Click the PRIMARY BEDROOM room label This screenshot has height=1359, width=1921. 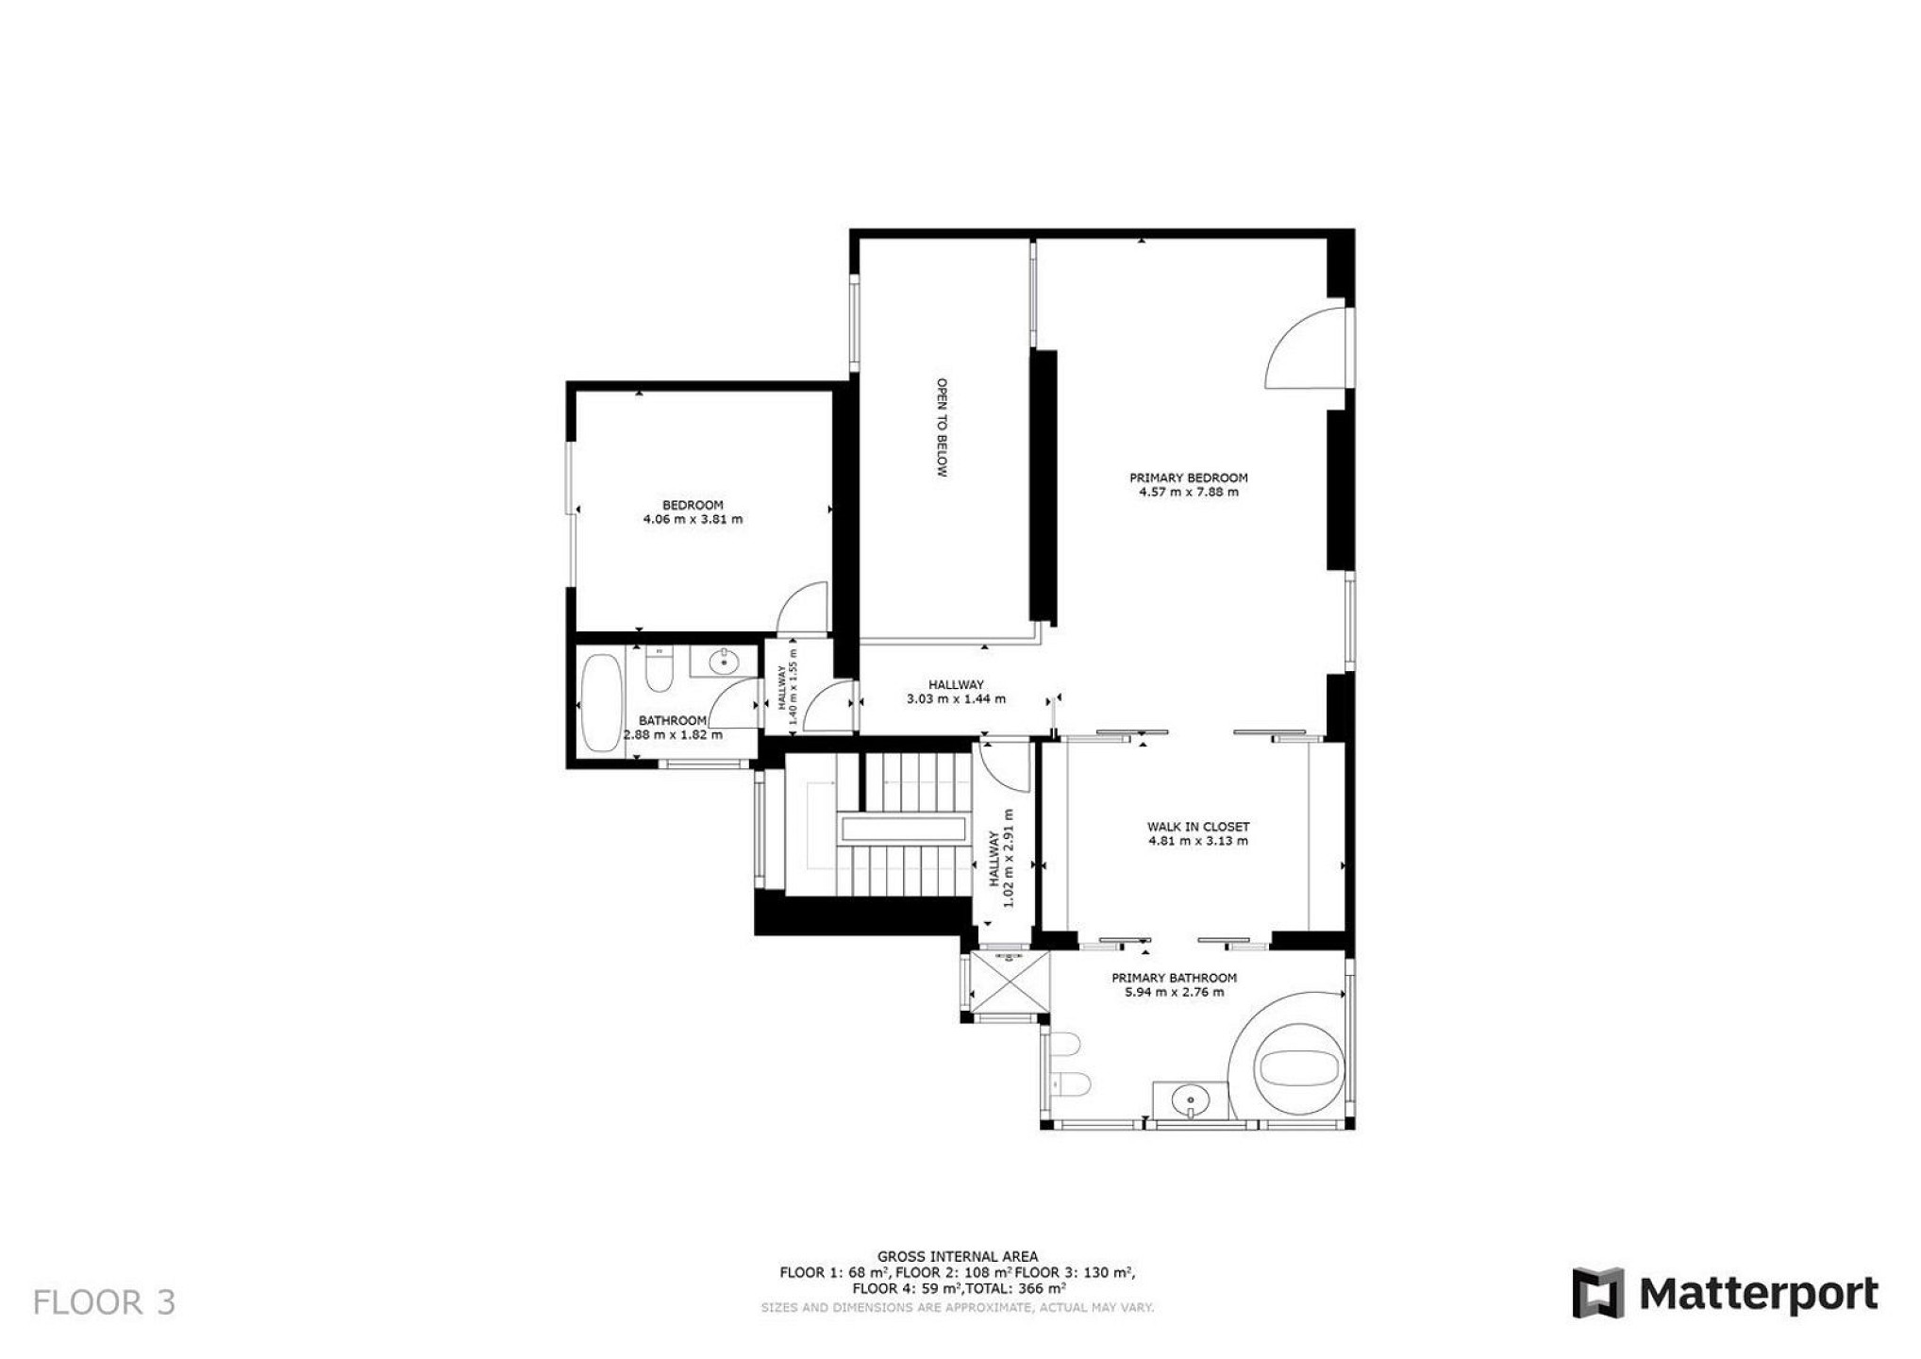1188,478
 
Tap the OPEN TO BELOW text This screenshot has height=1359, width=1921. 941,428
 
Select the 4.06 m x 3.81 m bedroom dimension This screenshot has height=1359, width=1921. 693,519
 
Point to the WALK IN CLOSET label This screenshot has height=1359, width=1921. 1198,827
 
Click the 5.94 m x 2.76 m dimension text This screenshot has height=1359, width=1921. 1175,992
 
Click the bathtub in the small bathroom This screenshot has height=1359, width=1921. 601,703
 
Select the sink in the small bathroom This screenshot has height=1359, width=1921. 724,662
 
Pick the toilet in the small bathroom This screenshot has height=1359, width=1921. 658,668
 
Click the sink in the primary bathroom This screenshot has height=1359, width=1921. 1192,1100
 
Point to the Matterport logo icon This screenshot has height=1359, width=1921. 1597,1293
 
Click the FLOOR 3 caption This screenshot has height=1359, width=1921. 104,1302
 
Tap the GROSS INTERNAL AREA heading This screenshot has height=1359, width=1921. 958,1256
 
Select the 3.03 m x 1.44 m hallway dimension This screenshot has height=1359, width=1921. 956,699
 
